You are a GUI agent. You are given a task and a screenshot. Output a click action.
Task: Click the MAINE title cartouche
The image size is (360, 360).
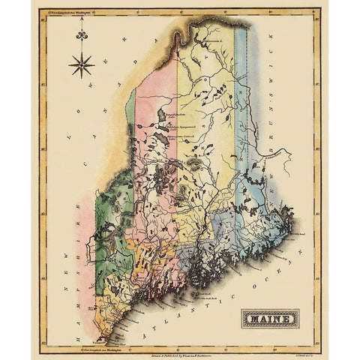coord(269,319)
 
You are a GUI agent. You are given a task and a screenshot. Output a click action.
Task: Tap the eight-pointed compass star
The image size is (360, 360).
coord(80,65)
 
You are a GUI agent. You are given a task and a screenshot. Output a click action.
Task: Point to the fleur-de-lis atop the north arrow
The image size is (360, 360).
coord(80,34)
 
